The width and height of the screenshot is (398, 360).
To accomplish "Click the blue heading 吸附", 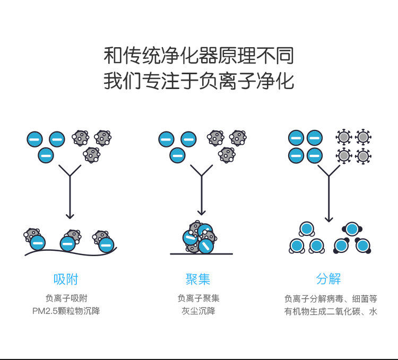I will click(66, 279).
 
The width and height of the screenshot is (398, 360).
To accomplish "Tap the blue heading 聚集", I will click(198, 279).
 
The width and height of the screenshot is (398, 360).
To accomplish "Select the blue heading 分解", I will click(328, 279).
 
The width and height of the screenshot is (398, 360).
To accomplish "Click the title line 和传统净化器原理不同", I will click(198, 55).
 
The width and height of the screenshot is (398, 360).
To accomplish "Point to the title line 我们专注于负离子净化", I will click(198, 81).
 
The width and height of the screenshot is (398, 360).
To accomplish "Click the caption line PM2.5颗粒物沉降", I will click(66, 311).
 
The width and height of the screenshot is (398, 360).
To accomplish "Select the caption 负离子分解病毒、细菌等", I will click(331, 298).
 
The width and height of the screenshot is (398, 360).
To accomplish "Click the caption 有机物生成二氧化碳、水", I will click(331, 311).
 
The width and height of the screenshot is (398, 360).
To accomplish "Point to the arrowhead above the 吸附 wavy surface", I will click(70, 215).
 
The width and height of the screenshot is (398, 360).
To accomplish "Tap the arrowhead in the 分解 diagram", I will click(329, 218).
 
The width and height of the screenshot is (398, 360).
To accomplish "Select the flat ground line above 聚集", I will click(201, 254).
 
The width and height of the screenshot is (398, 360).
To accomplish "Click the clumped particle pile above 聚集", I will click(199, 237).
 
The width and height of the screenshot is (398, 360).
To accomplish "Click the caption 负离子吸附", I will click(66, 298).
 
